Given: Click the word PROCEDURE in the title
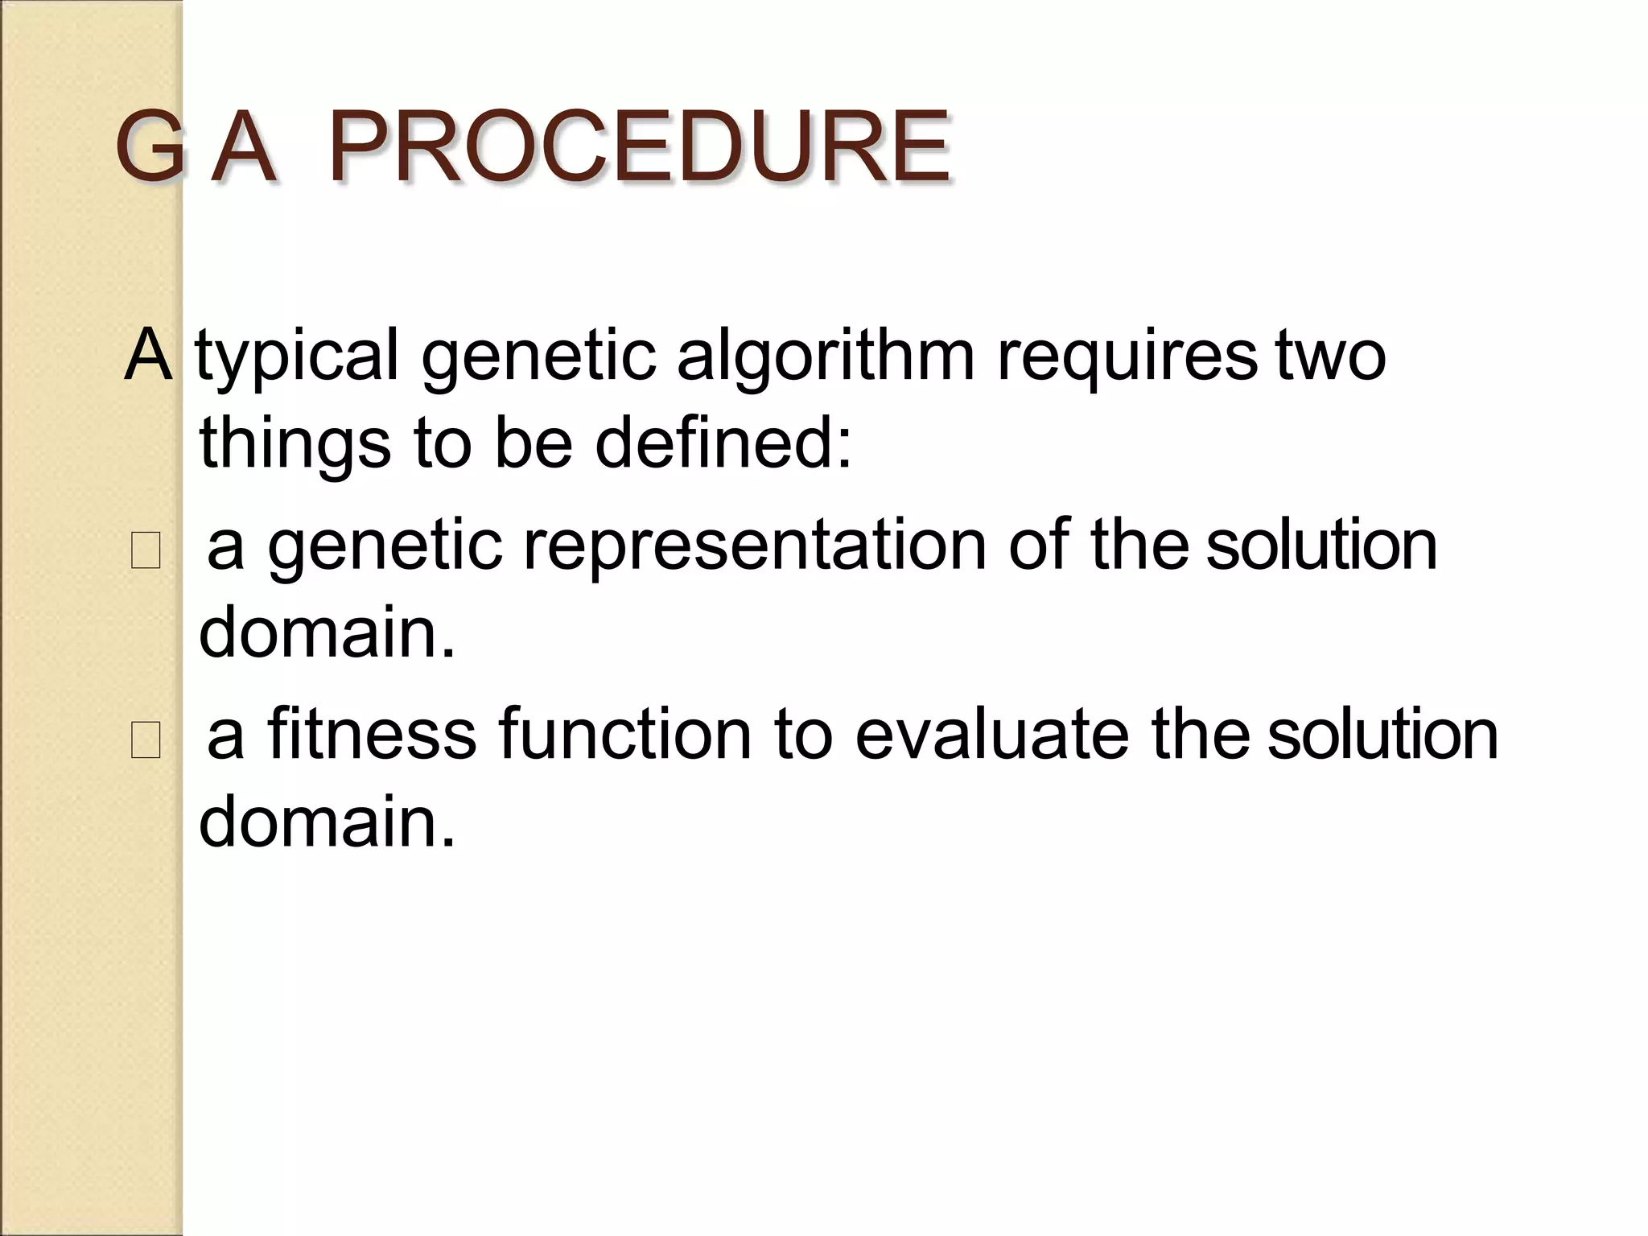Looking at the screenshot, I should [x=640, y=148].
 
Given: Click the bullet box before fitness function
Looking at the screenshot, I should [x=146, y=740].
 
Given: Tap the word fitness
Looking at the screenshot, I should [x=372, y=734].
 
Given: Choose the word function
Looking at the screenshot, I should [x=625, y=734].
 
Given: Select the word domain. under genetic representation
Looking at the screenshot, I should [x=327, y=632].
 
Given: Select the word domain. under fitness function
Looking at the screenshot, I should [x=327, y=822].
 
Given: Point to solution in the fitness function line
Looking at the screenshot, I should [x=1382, y=734].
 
